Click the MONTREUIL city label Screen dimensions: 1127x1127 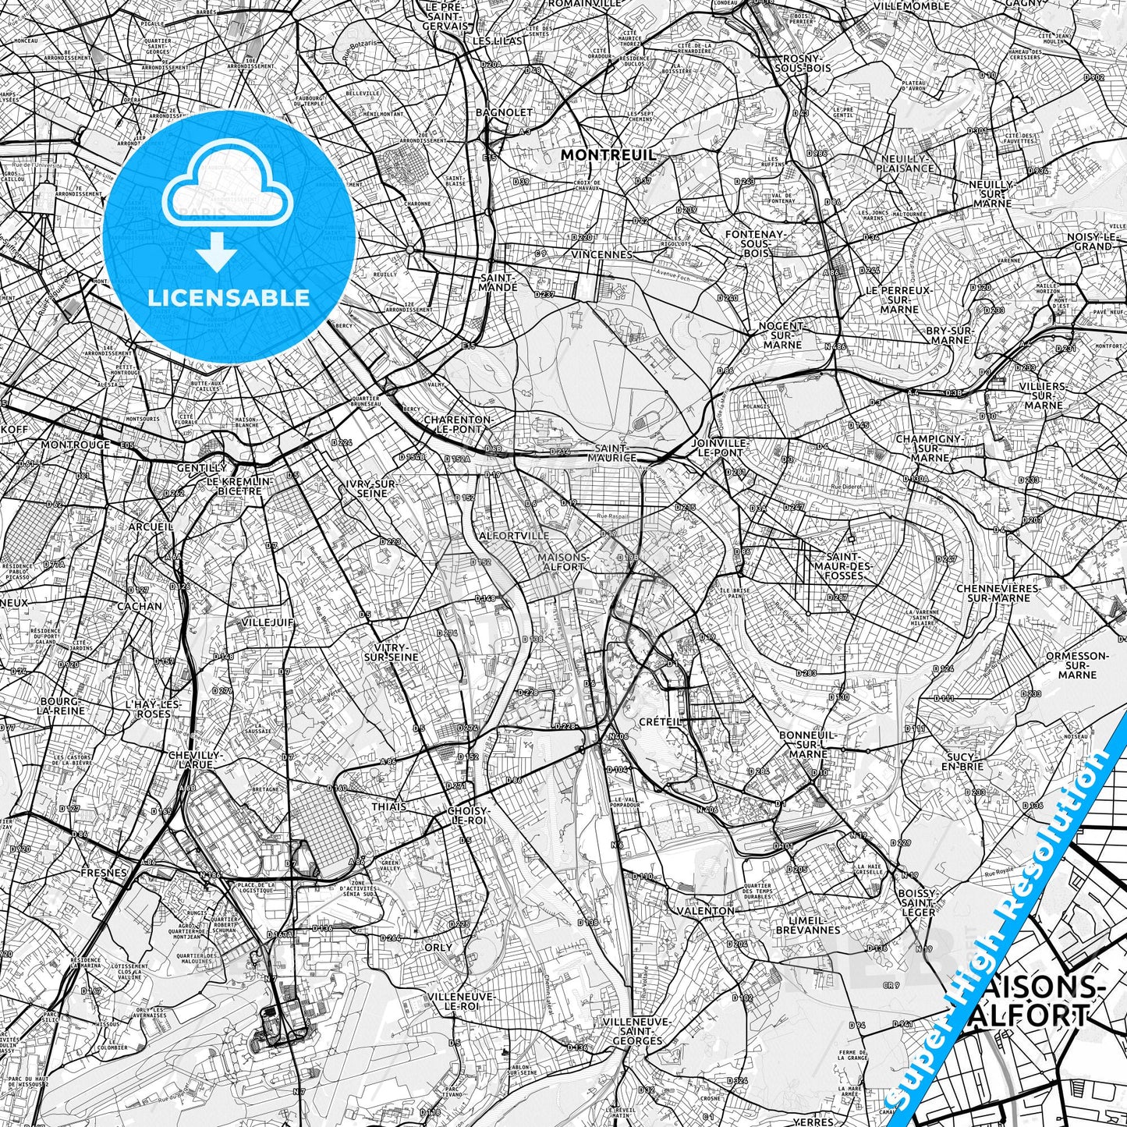point(608,156)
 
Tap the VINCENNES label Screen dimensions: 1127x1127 point(601,254)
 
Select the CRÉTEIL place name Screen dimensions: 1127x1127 point(660,722)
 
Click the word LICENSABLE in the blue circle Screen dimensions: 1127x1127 point(229,297)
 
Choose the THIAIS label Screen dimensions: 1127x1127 point(388,806)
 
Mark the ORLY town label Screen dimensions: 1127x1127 point(438,948)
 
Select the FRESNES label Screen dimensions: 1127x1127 point(103,874)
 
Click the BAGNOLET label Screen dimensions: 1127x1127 point(504,112)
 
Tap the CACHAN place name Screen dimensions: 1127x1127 point(140,605)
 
